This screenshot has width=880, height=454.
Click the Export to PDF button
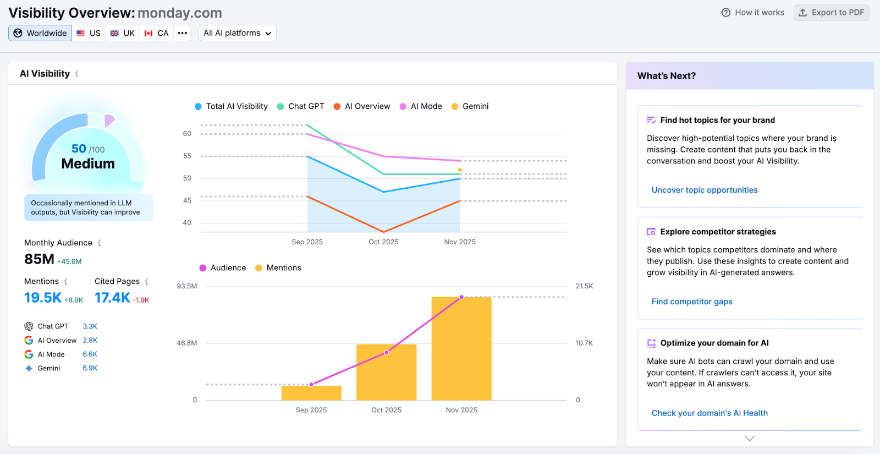[x=831, y=13]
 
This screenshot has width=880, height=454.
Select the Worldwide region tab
[x=40, y=33]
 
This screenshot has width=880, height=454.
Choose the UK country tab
[x=122, y=33]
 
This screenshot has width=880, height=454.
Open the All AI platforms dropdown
[x=237, y=33]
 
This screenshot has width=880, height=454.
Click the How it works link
[x=753, y=13]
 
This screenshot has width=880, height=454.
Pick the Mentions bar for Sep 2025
[x=311, y=393]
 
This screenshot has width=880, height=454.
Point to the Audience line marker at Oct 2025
[x=387, y=352]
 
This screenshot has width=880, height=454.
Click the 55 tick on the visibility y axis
[x=187, y=156]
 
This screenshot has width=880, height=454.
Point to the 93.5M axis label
[x=186, y=286]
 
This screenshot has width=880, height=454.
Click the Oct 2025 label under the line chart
[x=383, y=242]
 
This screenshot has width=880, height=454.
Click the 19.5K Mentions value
[x=43, y=298]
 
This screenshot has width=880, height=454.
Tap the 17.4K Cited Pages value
[x=112, y=298]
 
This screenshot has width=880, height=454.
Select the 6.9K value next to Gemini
[x=90, y=368]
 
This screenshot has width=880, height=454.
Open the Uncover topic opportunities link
[x=704, y=190]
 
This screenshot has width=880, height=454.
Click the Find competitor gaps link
[x=691, y=302]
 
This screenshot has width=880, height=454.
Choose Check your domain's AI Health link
[x=709, y=413]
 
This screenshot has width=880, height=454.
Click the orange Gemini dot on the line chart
[x=460, y=169]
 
